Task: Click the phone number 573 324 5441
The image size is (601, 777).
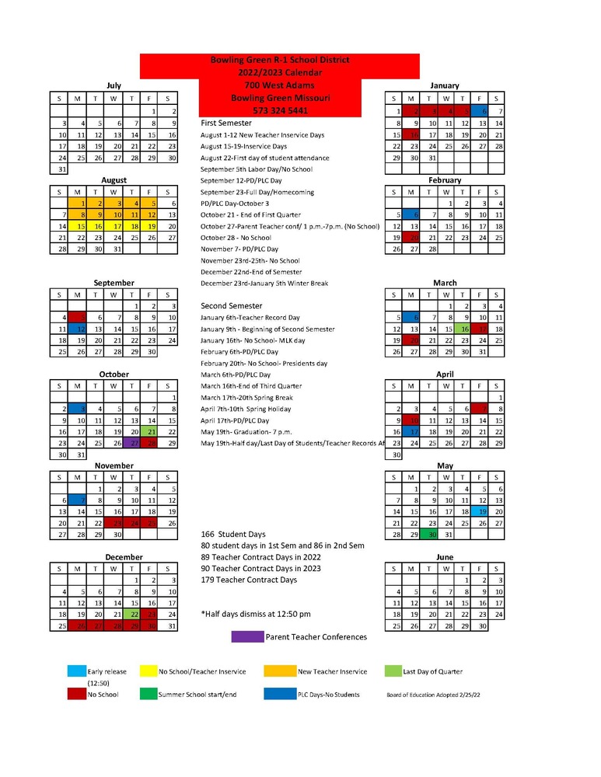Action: [x=280, y=111]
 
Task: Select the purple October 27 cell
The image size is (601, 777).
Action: [x=134, y=443]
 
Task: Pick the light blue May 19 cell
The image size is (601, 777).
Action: [x=482, y=512]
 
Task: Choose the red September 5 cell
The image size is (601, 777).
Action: [x=77, y=317]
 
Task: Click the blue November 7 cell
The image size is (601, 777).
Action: [x=77, y=500]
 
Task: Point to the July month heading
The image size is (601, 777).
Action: [x=114, y=86]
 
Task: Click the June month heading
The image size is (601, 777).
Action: [x=445, y=557]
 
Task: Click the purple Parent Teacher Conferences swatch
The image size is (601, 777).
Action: [x=247, y=637]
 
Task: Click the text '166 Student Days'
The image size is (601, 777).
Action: [x=233, y=535]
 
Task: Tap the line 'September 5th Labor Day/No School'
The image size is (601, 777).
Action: [x=257, y=169]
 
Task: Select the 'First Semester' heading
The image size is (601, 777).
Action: [x=226, y=123]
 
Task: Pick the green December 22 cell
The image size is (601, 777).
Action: [x=134, y=614]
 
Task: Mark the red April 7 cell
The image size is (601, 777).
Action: [x=482, y=409]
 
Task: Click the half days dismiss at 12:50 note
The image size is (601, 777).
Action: [x=256, y=614]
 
